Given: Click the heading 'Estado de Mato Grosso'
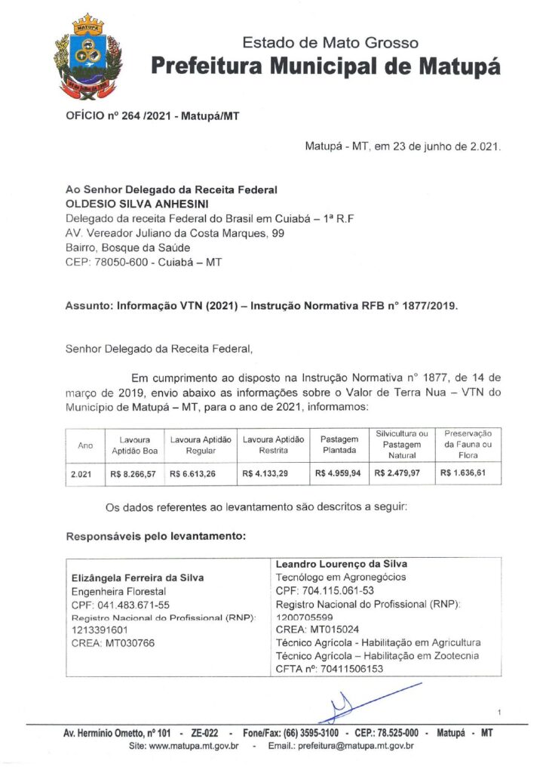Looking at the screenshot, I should point(330,42).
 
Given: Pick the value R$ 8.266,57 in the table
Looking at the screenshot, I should point(135,473).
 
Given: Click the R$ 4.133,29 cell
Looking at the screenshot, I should point(268,473).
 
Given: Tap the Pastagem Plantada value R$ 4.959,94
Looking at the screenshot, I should point(339,473).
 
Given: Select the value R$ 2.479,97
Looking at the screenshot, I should point(401,473).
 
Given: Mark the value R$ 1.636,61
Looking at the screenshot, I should point(465,473).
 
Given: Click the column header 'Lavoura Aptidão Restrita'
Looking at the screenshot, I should point(272,445).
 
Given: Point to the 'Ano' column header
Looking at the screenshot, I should point(85,445).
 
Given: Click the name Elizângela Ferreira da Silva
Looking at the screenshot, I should point(136,578).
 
